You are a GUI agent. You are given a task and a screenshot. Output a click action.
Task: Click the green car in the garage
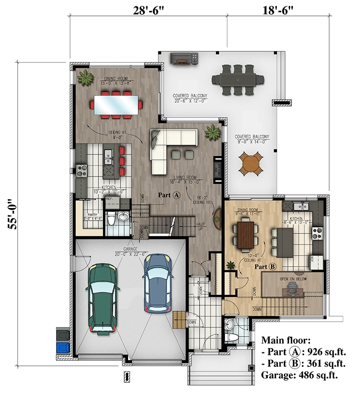[102, 298]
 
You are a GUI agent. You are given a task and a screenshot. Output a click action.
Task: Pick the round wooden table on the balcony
[251, 163]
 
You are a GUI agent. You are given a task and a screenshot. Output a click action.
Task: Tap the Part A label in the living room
[169, 195]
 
